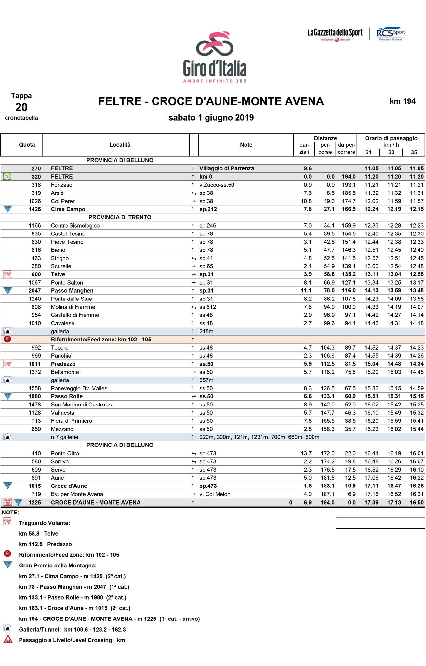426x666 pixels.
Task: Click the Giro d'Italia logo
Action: click(215, 57)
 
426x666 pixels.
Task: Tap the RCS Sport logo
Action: click(390, 34)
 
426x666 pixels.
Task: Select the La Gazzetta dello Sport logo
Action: click(335, 34)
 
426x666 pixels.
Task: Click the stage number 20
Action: click(21, 107)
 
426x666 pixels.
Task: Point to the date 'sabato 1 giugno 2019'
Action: click(211, 118)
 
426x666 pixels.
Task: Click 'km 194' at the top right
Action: click(402, 101)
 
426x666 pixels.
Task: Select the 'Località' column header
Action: click(120, 145)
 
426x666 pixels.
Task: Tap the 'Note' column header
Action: click(246, 145)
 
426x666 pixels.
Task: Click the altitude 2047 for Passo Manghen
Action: click(35, 291)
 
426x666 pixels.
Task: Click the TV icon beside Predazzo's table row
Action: click(7, 364)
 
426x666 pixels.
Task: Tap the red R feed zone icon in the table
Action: click(7, 339)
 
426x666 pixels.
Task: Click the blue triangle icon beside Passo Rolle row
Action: click(7, 396)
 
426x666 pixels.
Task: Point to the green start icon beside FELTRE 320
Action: click(7, 177)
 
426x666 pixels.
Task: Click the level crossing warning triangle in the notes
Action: click(7, 640)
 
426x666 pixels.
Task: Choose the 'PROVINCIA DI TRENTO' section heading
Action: click(120, 217)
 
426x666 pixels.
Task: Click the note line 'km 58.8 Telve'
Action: click(38, 534)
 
